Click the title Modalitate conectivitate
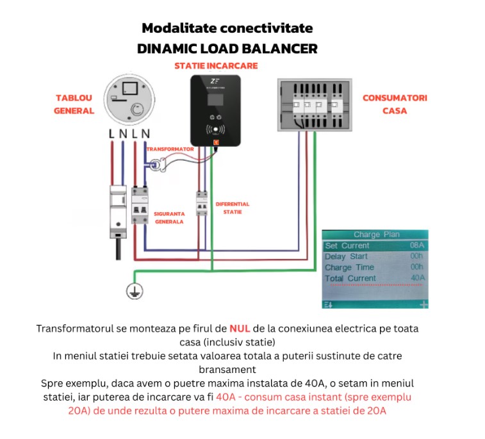click(x=227, y=28)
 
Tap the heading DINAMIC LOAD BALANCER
click(x=227, y=49)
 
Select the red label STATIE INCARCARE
click(x=216, y=66)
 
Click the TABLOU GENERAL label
click(x=74, y=104)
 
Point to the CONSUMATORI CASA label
click(x=395, y=104)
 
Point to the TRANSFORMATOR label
click(x=170, y=149)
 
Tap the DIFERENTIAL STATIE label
click(x=232, y=208)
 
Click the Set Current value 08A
click(x=417, y=245)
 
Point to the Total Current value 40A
click(x=417, y=278)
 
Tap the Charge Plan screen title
click(x=376, y=235)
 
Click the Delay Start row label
click(x=347, y=256)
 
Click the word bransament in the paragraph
click(x=226, y=369)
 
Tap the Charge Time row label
click(x=349, y=267)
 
